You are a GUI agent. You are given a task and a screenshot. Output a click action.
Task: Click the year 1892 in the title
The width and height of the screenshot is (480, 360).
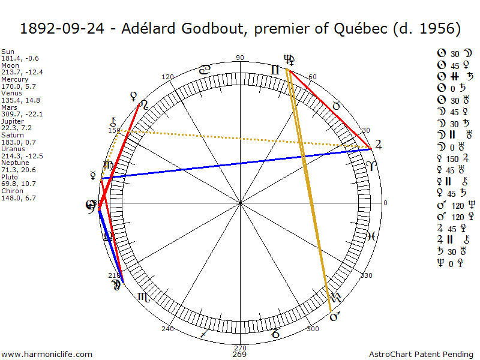coord(37,28)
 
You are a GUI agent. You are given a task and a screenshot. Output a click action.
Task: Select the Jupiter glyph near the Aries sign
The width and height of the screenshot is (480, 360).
coord(377,145)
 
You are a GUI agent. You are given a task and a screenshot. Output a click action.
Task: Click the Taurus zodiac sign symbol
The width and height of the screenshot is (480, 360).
coord(337,106)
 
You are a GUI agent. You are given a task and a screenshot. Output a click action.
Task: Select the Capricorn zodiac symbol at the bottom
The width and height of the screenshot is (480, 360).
coord(275,334)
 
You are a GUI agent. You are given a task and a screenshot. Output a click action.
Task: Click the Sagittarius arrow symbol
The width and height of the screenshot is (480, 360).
coord(205,334)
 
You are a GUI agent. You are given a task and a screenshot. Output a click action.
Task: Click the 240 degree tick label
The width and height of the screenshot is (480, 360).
coord(167,329)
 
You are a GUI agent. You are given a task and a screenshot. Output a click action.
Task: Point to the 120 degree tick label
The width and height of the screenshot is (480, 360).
coord(167,77)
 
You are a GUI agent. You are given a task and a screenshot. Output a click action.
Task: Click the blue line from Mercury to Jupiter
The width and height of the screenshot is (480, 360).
coord(240,163)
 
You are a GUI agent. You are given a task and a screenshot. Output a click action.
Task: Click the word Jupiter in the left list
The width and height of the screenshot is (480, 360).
coord(13,121)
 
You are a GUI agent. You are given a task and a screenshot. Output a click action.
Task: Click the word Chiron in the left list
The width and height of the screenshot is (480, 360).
coord(11,191)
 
